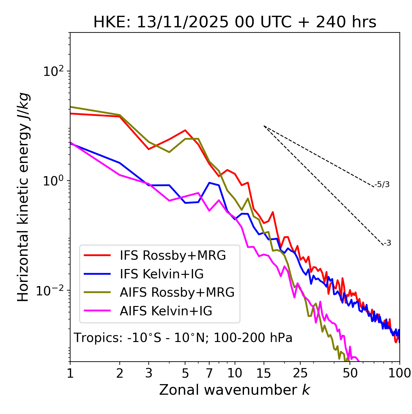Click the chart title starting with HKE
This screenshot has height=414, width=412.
click(235, 22)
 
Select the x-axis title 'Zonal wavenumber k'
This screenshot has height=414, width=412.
click(235, 390)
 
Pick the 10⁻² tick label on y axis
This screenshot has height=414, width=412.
click(51, 291)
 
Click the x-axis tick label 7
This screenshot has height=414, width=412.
click(209, 373)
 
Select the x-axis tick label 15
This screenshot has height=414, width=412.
click(264, 373)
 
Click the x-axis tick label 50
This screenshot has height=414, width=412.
click(350, 373)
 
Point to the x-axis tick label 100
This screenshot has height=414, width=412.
click(399, 373)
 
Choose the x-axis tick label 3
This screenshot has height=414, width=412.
click(149, 373)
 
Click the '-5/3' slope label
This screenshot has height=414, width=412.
click(382, 184)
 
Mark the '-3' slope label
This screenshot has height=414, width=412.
click(387, 243)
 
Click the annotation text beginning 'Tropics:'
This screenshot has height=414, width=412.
click(183, 338)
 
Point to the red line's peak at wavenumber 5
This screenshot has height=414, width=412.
click(185, 130)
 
